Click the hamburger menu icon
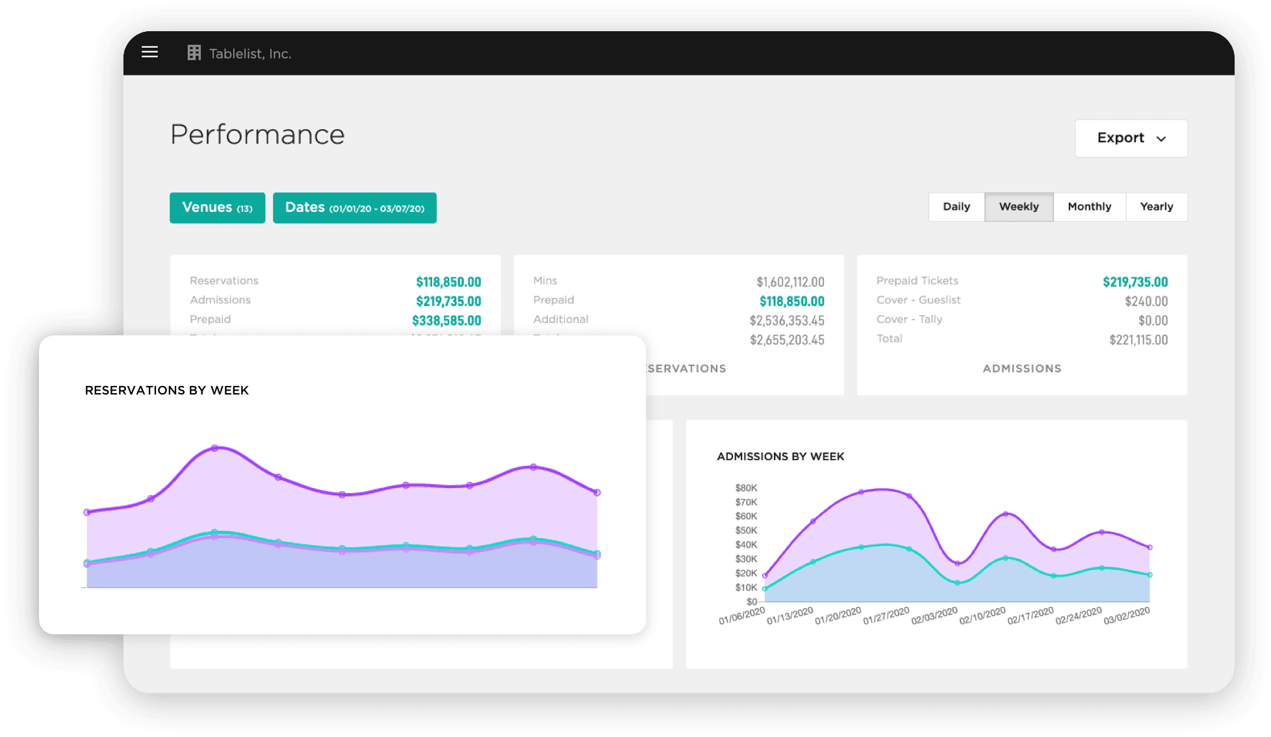pos(149,52)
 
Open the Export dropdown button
pos(1131,138)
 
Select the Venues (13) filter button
pos(217,208)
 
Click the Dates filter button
pos(354,208)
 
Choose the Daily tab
pos(956,207)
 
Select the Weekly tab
pos(1018,207)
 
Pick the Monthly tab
pos(1089,207)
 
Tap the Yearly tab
pos(1156,207)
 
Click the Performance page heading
pos(257,135)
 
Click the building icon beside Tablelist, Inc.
pos(194,53)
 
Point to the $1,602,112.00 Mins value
pos(790,282)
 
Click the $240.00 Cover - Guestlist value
pos(1146,302)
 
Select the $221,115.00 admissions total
pos(1138,340)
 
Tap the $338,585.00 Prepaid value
pos(446,320)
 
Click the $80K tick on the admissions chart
pos(746,488)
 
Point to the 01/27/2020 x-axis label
pos(886,615)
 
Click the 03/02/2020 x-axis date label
pos(1127,615)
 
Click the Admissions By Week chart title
pos(780,456)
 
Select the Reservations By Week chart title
pos(166,390)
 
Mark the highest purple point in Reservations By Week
pos(215,448)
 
